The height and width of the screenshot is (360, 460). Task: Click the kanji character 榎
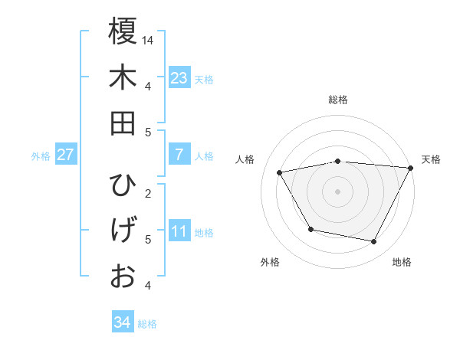[123, 31]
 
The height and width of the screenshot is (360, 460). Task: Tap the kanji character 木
[123, 77]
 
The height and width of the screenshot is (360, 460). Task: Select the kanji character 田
[123, 123]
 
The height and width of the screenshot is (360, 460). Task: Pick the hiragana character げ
[123, 231]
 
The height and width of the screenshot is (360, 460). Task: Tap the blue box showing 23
[179, 78]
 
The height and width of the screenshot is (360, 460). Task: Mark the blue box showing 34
[122, 322]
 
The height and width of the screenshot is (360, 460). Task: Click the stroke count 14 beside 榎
[149, 40]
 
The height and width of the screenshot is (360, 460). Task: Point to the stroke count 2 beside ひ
[148, 193]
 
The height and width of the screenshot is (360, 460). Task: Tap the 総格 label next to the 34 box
[147, 324]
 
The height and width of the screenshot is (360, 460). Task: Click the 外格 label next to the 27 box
[41, 156]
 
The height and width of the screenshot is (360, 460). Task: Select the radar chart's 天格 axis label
[431, 159]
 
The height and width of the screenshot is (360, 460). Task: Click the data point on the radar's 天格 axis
[411, 168]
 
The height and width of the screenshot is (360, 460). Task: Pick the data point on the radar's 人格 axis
[280, 173]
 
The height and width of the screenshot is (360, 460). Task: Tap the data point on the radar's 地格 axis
[374, 242]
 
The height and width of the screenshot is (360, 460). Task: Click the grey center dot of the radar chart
[337, 191]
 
